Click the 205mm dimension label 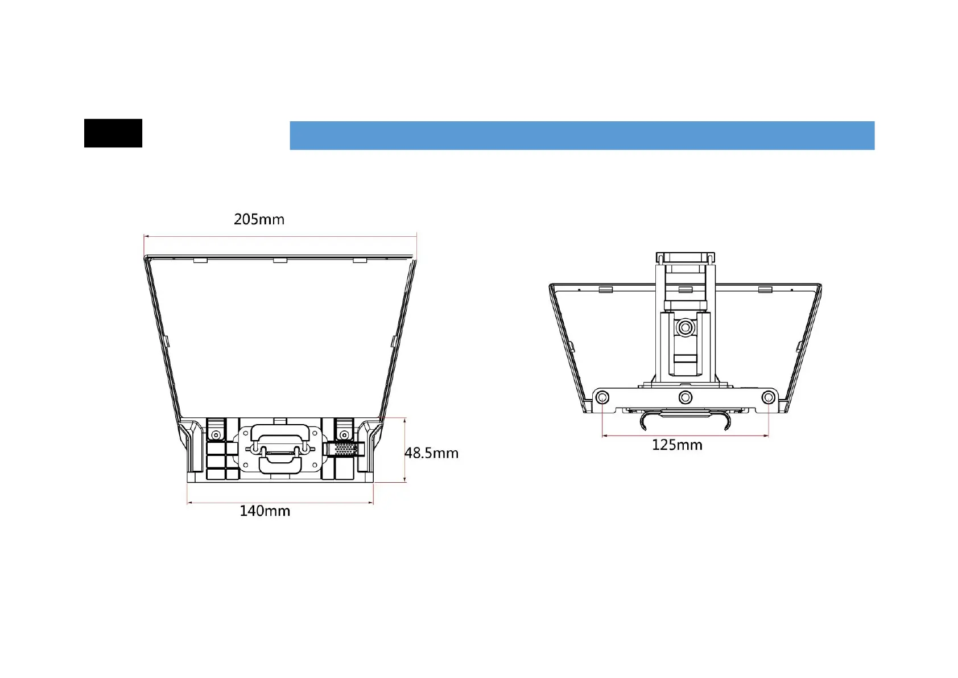259,219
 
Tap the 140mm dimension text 265,511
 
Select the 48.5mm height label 432,453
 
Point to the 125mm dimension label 677,445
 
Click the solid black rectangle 113,133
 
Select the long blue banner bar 582,135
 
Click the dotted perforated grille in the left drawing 345,449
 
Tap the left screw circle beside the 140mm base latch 216,435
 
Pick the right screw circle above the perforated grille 344,435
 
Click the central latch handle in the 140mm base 280,449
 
